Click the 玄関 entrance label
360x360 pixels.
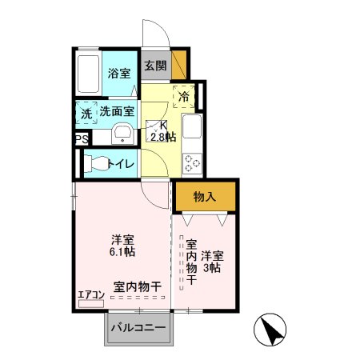(156, 66)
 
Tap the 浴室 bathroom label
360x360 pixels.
(119, 73)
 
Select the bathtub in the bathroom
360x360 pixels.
(88, 74)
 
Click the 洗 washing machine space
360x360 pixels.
(86, 113)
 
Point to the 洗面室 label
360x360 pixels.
(117, 111)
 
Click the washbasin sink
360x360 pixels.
(122, 134)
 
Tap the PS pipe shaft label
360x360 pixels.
(82, 139)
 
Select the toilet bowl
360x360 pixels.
(97, 163)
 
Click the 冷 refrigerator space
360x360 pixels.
(184, 97)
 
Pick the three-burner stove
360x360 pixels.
(192, 163)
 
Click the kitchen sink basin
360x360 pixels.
(192, 126)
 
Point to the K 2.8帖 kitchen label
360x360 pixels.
(163, 131)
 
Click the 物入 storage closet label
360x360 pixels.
(205, 197)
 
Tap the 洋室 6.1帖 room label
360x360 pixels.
(122, 246)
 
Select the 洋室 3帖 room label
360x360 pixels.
(212, 262)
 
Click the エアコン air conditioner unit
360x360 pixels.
(91, 304)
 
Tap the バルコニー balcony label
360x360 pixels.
(138, 327)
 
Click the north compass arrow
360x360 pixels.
(273, 330)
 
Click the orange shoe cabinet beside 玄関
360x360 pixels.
(178, 65)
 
